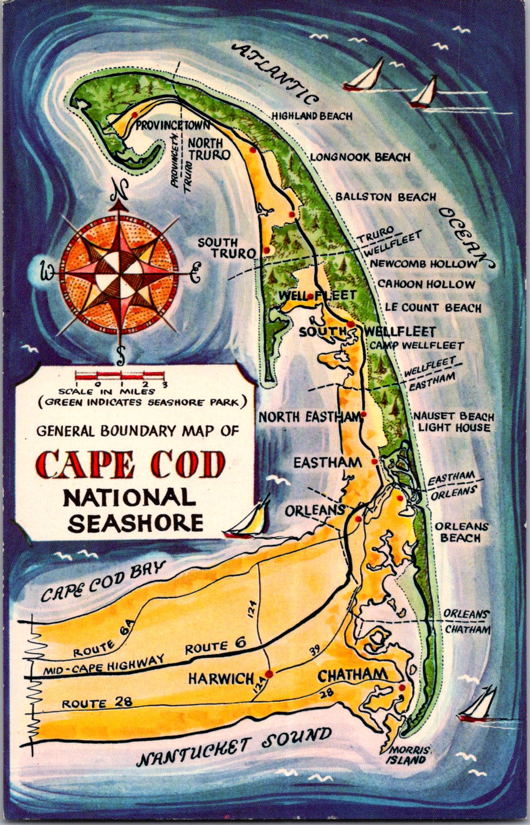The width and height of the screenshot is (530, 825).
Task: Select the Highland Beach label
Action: (x=313, y=116)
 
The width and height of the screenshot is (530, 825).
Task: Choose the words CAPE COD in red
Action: (x=132, y=465)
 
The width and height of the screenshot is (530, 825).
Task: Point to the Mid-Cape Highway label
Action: (x=103, y=665)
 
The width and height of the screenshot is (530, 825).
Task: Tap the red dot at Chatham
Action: (x=402, y=687)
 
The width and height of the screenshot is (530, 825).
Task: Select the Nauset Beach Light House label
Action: (x=454, y=422)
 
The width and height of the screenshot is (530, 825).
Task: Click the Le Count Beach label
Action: (x=433, y=308)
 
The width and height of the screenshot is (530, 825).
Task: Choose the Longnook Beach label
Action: (x=360, y=157)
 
